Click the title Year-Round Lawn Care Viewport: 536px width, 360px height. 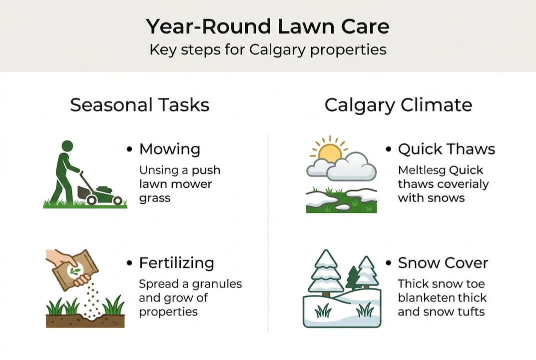click(268, 26)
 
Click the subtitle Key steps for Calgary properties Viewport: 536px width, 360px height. click(268, 50)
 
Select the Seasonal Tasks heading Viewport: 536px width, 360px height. click(139, 105)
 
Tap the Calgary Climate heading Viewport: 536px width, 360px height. click(398, 105)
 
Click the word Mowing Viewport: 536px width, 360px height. click(170, 149)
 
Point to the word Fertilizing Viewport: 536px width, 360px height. click(176, 263)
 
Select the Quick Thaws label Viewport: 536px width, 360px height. click(446, 149)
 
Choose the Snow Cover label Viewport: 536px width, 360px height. click(443, 263)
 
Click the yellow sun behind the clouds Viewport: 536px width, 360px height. click(330, 152)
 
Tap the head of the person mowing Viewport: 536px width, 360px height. click(67, 146)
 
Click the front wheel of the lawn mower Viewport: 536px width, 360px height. click(117, 200)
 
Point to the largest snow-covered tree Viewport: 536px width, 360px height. click(325, 272)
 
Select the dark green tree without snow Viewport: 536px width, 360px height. click(353, 277)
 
